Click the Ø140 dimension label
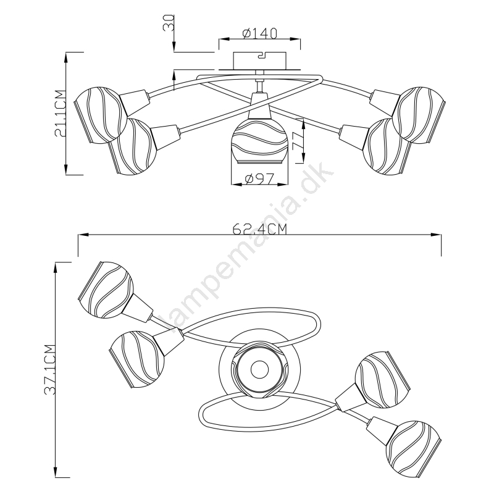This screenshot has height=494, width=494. point(259,33)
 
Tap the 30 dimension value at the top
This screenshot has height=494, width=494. point(169,22)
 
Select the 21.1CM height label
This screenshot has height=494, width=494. point(60,114)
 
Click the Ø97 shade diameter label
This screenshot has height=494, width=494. point(259,179)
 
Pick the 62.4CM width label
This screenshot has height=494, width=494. point(259,229)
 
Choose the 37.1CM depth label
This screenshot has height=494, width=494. point(50,369)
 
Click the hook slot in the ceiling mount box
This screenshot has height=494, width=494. point(262,56)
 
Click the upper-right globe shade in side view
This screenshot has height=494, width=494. point(420,115)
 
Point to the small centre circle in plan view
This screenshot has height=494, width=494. point(259,369)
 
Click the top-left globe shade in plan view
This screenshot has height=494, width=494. point(105,290)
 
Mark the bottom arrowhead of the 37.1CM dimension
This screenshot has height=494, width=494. point(56,472)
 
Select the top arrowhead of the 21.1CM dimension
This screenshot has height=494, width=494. point(66,57)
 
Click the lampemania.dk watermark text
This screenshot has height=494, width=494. point(248,249)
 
